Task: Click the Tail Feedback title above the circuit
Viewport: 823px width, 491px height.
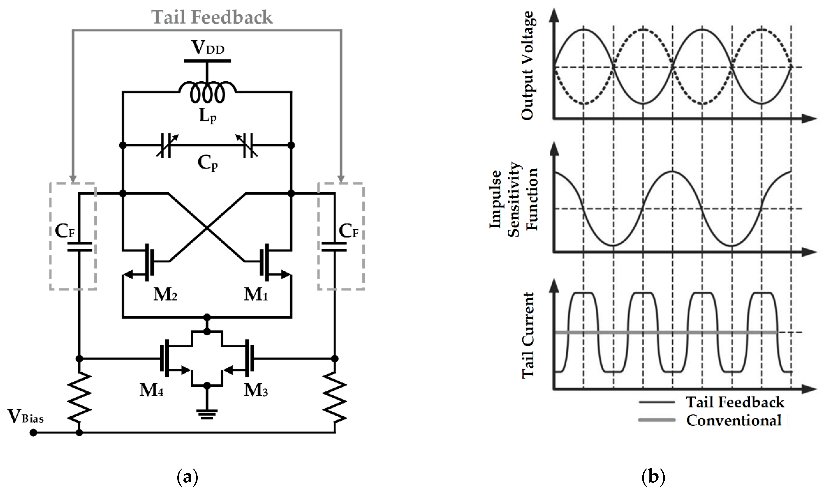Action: (x=212, y=17)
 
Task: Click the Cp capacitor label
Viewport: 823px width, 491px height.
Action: (x=208, y=163)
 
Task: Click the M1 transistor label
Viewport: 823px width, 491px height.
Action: (x=256, y=294)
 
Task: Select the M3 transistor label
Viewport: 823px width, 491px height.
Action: (x=256, y=390)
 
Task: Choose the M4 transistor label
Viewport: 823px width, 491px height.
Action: (x=151, y=390)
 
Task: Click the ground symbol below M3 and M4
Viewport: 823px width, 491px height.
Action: (x=207, y=414)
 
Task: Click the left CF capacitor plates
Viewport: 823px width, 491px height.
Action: (x=79, y=247)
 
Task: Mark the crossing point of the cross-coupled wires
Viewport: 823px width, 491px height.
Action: (x=207, y=228)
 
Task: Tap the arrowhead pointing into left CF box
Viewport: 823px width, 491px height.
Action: (x=73, y=179)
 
